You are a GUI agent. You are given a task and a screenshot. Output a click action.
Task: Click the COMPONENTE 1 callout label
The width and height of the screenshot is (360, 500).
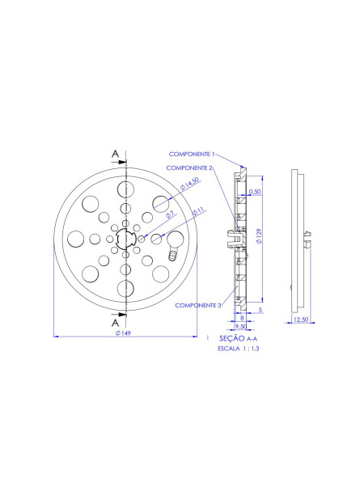coord(192,153)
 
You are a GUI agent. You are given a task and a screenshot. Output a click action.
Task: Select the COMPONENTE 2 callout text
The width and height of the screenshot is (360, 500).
coord(189,167)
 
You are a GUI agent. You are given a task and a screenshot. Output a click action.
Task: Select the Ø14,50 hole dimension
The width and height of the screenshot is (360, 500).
coord(189,189)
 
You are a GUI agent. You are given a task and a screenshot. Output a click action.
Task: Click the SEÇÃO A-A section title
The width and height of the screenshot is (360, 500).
coord(238,338)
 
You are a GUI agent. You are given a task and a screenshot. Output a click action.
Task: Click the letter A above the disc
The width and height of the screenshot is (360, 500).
coord(116,154)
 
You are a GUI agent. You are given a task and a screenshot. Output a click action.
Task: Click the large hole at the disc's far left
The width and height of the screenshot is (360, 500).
coord(75,239)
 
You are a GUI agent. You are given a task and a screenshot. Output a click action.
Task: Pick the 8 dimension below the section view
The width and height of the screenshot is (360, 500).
coord(241,318)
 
